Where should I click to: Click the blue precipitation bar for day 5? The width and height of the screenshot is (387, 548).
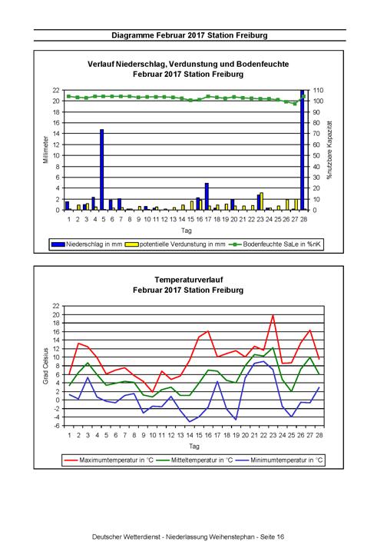pyautogui.click(x=102, y=170)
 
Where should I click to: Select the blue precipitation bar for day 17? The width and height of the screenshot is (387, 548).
pyautogui.click(x=207, y=197)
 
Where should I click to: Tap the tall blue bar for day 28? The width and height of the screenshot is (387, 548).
pyautogui.click(x=302, y=150)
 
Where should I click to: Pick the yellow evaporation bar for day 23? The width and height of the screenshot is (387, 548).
pyautogui.click(x=261, y=201)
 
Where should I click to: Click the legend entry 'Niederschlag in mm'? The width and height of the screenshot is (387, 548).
pyautogui.click(x=87, y=244)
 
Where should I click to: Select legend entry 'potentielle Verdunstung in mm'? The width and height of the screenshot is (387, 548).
pyautogui.click(x=178, y=244)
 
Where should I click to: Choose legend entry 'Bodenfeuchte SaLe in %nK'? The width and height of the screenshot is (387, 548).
pyautogui.click(x=275, y=244)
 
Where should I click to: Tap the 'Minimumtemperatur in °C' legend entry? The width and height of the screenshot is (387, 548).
pyautogui.click(x=279, y=460)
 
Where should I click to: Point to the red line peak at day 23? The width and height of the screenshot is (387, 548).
pyautogui.click(x=273, y=315)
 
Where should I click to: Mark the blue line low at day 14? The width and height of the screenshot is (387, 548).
pyautogui.click(x=190, y=421)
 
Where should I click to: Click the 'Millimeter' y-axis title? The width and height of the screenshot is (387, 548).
pyautogui.click(x=46, y=150)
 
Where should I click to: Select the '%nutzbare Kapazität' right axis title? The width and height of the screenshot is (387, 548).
pyautogui.click(x=329, y=150)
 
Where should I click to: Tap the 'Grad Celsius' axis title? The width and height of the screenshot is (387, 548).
pyautogui.click(x=46, y=366)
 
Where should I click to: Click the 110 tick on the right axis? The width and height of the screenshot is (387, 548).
pyautogui.click(x=318, y=90)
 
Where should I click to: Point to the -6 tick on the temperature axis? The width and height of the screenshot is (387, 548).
pyautogui.click(x=57, y=426)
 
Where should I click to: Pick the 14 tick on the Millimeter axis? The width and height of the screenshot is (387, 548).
pyautogui.click(x=57, y=134)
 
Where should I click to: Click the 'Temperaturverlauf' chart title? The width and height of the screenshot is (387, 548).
pyautogui.click(x=188, y=280)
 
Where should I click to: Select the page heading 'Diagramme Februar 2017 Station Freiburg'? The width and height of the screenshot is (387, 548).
pyautogui.click(x=190, y=35)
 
